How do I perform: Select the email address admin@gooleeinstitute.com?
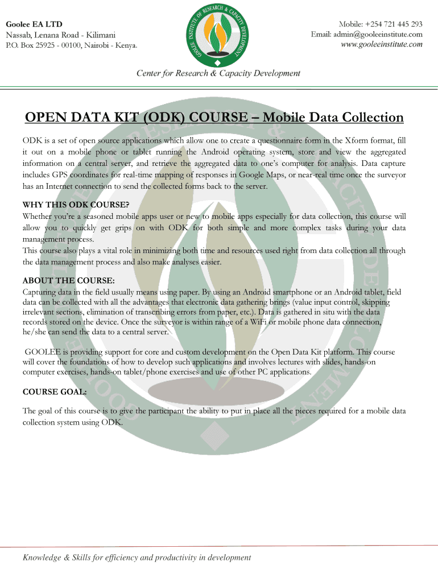366,34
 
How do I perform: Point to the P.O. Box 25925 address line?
71,45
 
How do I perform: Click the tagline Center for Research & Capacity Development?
218,73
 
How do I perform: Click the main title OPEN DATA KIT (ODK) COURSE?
137,118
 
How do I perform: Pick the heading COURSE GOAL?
55,392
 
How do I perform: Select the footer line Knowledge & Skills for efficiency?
137,558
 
